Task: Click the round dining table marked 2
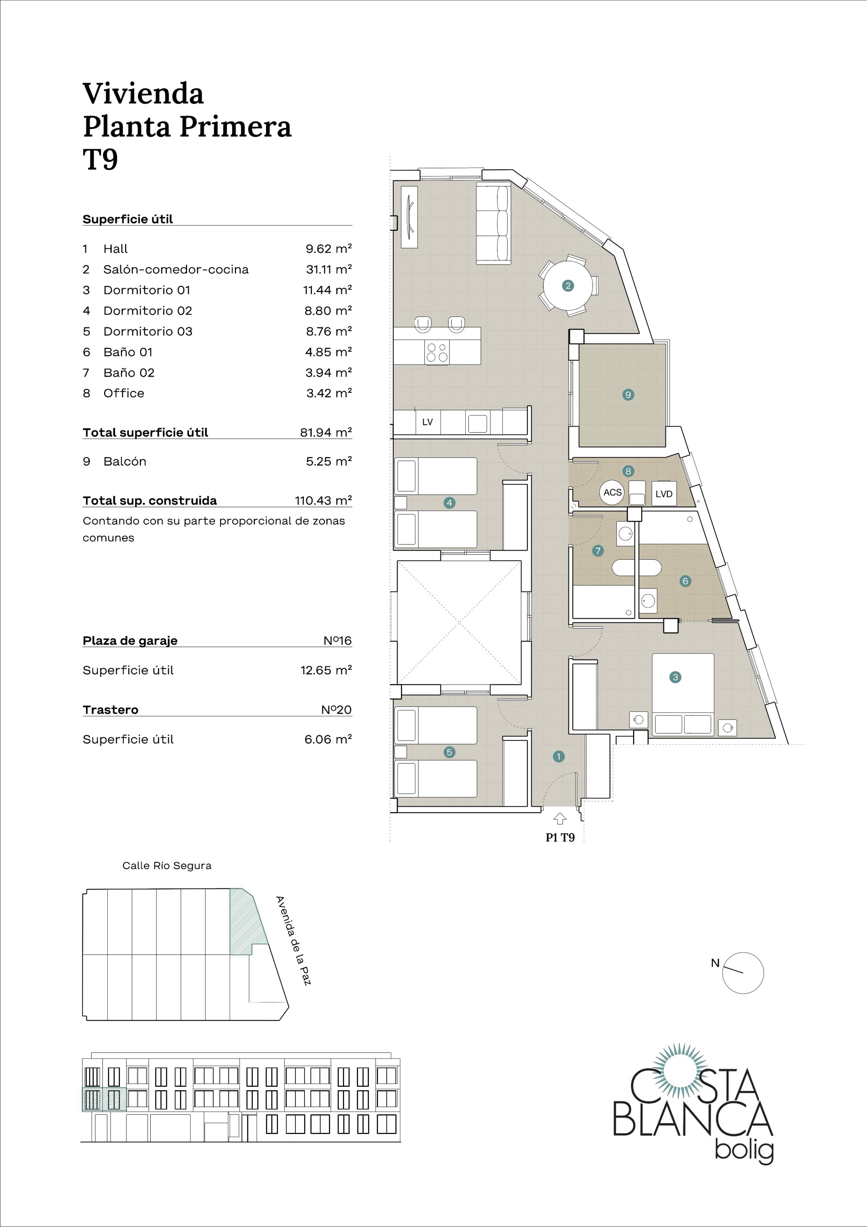click(x=568, y=285)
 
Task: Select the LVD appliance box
click(x=663, y=494)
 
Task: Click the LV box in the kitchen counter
click(x=427, y=422)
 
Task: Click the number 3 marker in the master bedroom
click(x=675, y=677)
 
